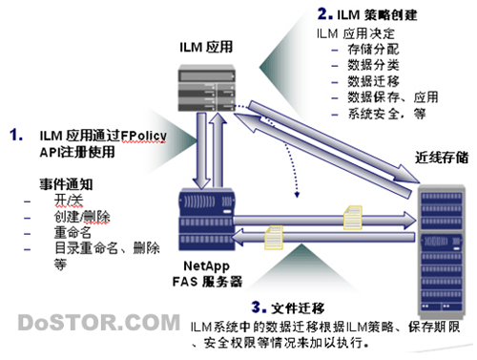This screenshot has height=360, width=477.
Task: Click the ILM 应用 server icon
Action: pyautogui.click(x=207, y=88)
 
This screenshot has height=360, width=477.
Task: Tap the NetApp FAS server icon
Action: pyautogui.click(x=207, y=220)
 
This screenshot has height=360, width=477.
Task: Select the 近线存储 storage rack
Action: pyautogui.click(x=442, y=251)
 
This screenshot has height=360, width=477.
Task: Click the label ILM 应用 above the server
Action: pyautogui.click(x=206, y=47)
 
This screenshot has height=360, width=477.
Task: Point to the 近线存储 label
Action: pyautogui.click(x=442, y=158)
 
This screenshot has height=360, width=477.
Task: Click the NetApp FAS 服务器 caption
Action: pyautogui.click(x=207, y=274)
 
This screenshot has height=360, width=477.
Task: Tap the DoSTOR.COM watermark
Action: pyautogui.click(x=99, y=323)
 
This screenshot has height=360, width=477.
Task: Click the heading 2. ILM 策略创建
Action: pyautogui.click(x=367, y=14)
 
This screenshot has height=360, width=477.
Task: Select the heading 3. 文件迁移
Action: pyautogui.click(x=288, y=307)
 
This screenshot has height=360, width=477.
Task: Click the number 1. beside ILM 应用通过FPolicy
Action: pyautogui.click(x=16, y=135)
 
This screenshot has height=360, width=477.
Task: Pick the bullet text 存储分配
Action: pyautogui.click(x=373, y=50)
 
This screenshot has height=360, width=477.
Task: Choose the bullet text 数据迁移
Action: pyautogui.click(x=373, y=81)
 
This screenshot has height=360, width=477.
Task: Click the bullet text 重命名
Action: pyautogui.click(x=73, y=232)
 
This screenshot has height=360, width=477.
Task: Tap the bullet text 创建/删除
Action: pyautogui.click(x=82, y=217)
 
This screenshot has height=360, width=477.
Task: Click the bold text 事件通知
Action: pyautogui.click(x=66, y=184)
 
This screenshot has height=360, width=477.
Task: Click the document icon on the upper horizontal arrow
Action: pyautogui.click(x=353, y=218)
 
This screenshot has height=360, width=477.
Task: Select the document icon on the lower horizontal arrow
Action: pyautogui.click(x=274, y=238)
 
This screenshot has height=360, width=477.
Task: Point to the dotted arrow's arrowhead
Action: pyautogui.click(x=297, y=195)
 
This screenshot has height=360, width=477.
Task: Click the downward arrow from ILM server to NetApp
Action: pyautogui.click(x=201, y=151)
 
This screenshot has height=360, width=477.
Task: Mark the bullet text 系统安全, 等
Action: pyautogui.click(x=387, y=114)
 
